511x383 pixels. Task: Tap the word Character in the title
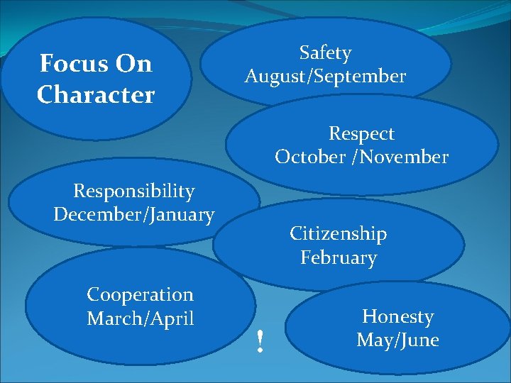96,94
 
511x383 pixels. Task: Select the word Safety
325,53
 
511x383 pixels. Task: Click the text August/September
325,77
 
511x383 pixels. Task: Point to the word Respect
361,133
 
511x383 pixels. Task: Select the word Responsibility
133,191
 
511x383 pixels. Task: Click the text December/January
133,214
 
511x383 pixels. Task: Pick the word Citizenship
338,233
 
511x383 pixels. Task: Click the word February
338,257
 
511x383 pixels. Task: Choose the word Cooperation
140,294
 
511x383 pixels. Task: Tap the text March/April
140,318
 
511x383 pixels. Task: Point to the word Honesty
397,316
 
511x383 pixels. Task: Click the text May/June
397,340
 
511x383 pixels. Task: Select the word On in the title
133,64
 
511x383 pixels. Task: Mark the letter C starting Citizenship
295,233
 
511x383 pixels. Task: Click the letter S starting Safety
304,53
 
